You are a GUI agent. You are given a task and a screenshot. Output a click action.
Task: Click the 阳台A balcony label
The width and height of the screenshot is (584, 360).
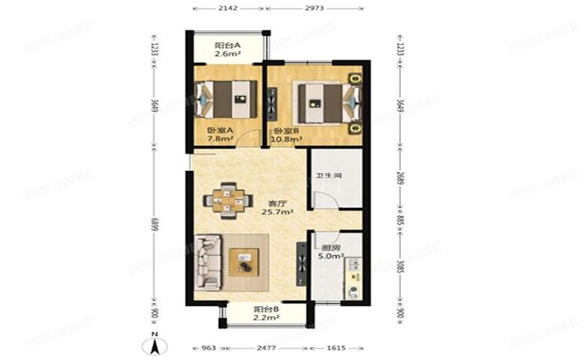[x=228, y=50]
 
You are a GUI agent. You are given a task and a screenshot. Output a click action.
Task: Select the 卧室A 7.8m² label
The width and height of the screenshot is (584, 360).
[x=219, y=135]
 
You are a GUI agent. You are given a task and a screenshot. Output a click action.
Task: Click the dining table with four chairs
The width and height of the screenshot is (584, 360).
[x=227, y=200]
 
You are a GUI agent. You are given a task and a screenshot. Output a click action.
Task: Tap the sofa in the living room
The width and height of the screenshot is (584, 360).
[x=207, y=265]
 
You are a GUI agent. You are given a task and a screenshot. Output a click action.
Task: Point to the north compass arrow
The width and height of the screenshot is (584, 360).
[x=155, y=344]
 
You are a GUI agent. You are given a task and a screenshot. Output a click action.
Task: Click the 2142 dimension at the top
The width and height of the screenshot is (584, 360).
[x=228, y=10]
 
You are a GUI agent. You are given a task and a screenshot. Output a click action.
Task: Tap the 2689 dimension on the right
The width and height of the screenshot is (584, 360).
[x=399, y=178]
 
